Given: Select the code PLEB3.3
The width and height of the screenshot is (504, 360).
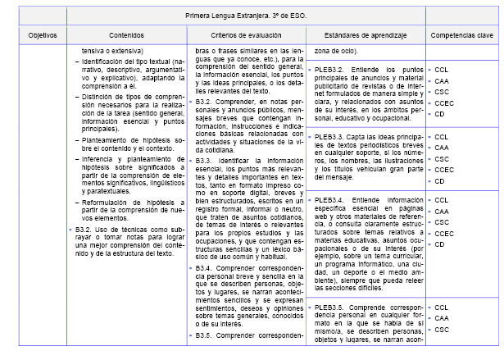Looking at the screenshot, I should coord(331,137).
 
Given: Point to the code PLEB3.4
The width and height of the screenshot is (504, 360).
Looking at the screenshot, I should coord(331,200).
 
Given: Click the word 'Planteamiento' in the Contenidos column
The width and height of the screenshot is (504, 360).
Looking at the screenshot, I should coord(107,139).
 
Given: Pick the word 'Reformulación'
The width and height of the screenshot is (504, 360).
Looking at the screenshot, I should coord(109,201).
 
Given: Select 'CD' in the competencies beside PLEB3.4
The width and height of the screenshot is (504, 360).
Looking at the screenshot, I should coord(440,244).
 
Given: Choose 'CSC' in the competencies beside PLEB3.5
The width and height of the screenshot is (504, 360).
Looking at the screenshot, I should coord(442,330).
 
